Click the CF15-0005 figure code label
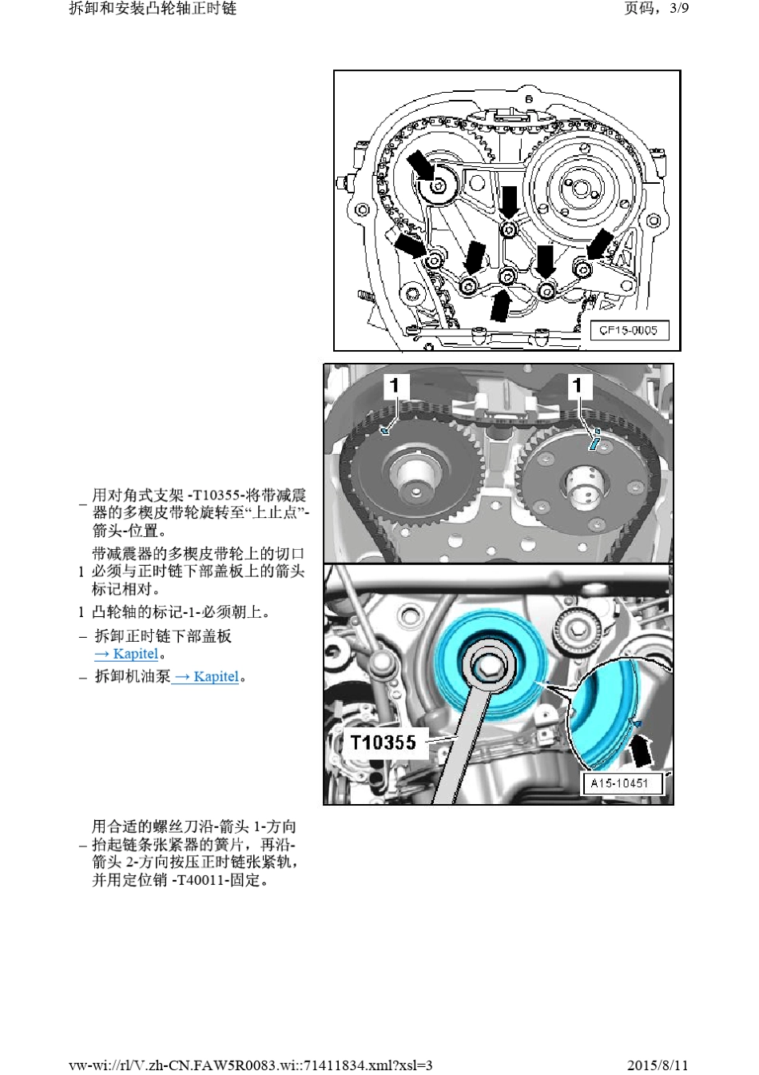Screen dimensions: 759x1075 (x=629, y=331)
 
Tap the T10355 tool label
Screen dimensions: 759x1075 (x=383, y=743)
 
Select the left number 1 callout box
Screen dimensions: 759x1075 (x=395, y=385)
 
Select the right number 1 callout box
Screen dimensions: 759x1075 (x=578, y=385)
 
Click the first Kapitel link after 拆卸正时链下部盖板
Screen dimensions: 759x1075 (x=126, y=654)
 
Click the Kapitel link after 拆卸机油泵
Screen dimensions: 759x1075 (x=206, y=677)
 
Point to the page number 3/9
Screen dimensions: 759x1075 (x=679, y=8)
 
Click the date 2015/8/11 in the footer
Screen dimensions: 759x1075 (x=658, y=1065)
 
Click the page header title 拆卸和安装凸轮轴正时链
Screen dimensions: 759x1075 (x=153, y=8)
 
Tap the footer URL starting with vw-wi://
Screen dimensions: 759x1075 (x=250, y=1065)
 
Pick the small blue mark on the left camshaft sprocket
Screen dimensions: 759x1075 (x=383, y=432)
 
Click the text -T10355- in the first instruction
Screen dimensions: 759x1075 (x=216, y=496)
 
